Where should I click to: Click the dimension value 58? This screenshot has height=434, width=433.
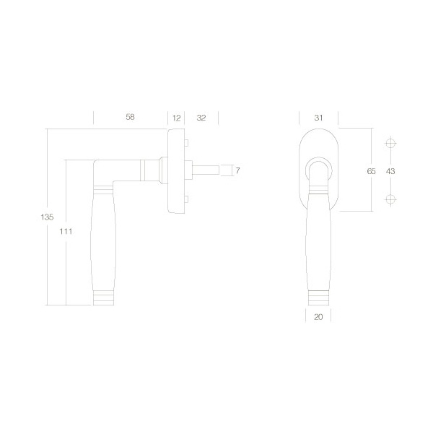tap(130, 117)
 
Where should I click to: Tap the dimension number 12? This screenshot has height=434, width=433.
tap(177, 118)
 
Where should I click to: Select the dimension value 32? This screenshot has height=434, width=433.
tap(201, 118)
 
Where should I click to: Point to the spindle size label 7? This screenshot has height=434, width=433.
tap(237, 170)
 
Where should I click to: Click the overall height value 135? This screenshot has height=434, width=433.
tap(47, 217)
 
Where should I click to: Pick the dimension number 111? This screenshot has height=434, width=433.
tap(66, 231)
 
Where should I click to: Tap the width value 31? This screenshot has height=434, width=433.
tap(318, 118)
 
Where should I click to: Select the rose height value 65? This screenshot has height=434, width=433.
tap(371, 171)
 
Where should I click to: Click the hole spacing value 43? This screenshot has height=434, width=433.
tap(390, 171)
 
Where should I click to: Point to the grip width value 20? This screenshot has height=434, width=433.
tap(318, 317)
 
